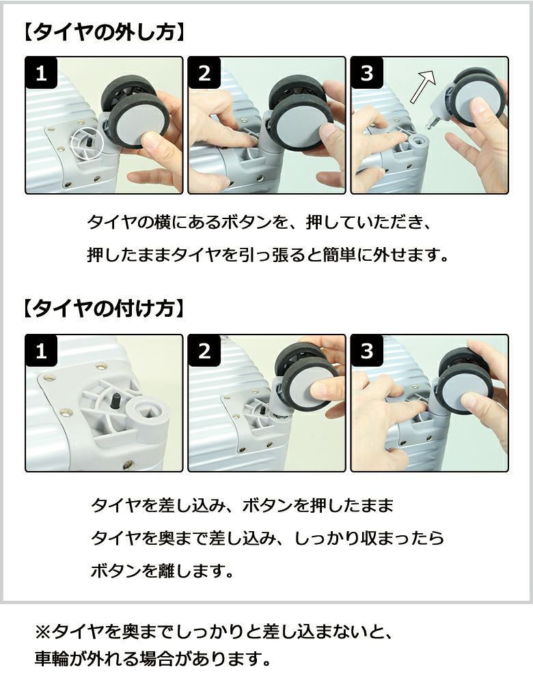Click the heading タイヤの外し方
click(104, 32)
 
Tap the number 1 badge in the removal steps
click(41, 72)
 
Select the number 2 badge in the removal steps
click(204, 72)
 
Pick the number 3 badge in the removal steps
click(367, 72)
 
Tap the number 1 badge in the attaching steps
click(41, 351)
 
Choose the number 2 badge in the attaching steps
click(204, 351)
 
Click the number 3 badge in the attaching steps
click(367, 351)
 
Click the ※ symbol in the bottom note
click(44, 632)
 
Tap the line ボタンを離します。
click(163, 571)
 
